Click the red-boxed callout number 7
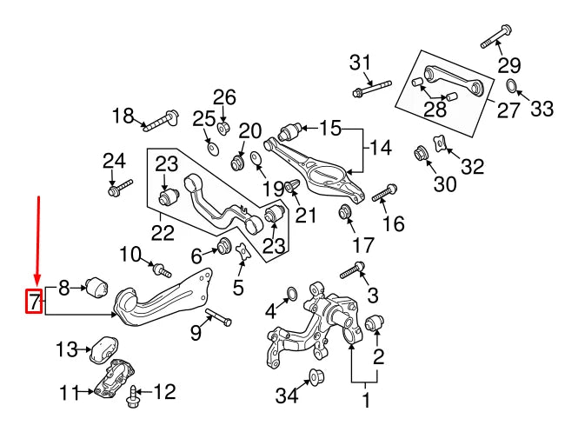(x=33, y=302)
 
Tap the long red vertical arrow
(x=37, y=243)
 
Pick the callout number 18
(x=124, y=115)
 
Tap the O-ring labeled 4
(x=293, y=296)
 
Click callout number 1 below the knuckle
(x=366, y=401)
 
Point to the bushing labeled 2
(x=374, y=323)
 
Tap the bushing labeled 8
(x=95, y=284)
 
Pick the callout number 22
(x=163, y=233)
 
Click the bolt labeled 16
(x=384, y=193)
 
